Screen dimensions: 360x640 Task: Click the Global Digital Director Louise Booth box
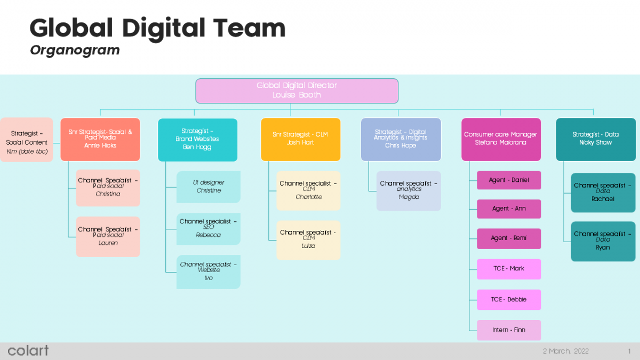pos(297,91)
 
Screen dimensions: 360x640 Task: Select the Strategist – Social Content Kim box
pos(27,139)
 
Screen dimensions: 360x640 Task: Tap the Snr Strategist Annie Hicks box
pos(100,139)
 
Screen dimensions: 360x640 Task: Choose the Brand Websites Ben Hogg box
pos(197,139)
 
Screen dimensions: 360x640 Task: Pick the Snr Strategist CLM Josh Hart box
pos(300,139)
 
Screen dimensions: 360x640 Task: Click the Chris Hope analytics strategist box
pos(401,139)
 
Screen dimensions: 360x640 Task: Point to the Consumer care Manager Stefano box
pos(501,139)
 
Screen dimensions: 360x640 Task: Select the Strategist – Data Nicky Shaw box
pos(596,139)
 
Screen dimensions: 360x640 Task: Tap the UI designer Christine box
pos(209,187)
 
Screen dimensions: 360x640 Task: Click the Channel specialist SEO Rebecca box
pos(209,229)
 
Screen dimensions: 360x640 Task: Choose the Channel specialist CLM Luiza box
pos(308,239)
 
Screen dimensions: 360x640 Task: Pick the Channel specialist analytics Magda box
pos(409,190)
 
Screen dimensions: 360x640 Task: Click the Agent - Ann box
pos(509,209)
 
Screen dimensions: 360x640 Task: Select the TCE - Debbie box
pos(509,299)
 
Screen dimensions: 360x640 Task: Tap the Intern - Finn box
pos(509,330)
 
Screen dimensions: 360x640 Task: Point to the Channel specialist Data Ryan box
pos(603,241)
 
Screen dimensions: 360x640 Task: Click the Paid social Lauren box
pos(108,236)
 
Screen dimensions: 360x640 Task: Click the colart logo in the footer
pos(28,350)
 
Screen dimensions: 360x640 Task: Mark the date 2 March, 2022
pos(565,351)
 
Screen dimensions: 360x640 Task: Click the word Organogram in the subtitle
pos(75,50)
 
